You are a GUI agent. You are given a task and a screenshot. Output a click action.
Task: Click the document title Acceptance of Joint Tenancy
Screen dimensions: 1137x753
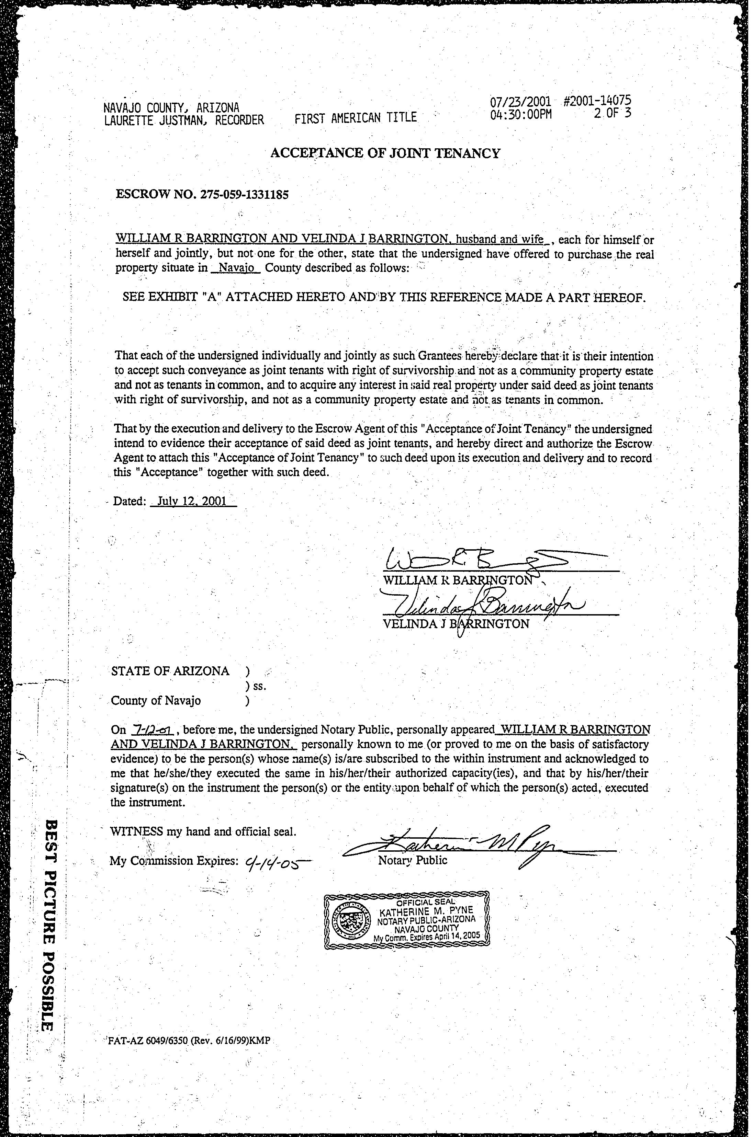(x=385, y=153)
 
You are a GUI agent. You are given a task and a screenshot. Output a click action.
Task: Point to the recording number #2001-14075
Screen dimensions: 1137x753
(x=597, y=101)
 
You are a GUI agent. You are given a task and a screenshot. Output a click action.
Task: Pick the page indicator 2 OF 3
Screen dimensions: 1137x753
(x=612, y=113)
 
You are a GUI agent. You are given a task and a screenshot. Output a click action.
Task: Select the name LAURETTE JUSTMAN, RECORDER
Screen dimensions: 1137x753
(x=184, y=119)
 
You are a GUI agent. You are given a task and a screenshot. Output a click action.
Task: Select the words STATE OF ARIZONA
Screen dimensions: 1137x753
(x=170, y=671)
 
